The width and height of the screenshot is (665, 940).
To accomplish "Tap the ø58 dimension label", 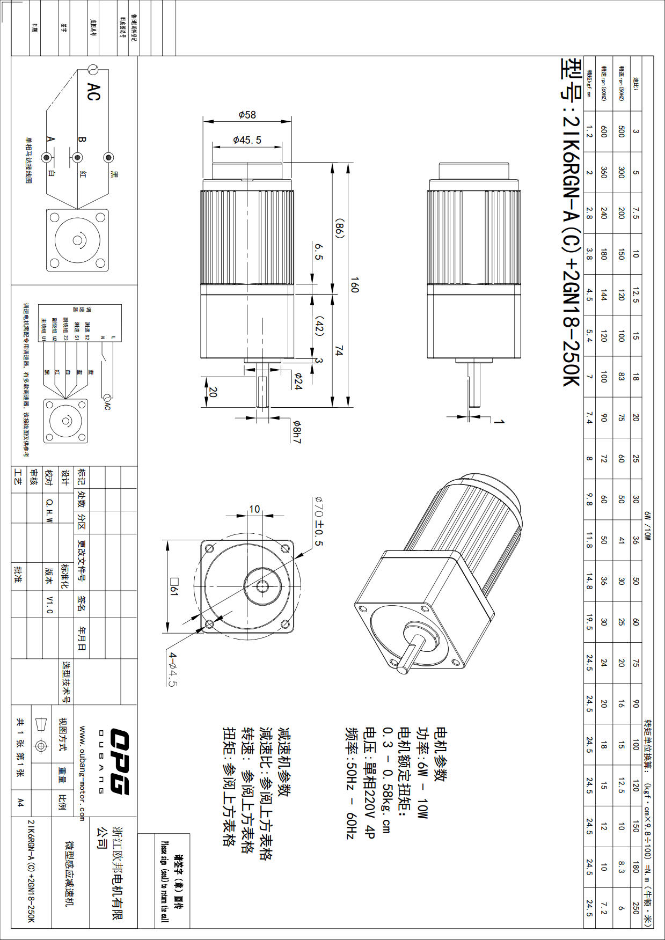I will pos(247,114).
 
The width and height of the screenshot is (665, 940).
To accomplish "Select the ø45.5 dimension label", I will pos(247,140).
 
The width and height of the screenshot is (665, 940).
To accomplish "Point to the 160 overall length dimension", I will pos(354,284).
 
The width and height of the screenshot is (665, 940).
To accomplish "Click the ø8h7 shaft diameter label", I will pos(297,432).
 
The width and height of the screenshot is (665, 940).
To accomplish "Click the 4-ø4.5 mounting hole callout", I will pos(173,669).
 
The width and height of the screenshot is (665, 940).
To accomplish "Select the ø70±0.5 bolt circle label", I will pos(317,521).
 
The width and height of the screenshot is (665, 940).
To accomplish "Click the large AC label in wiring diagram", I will pos(93,92).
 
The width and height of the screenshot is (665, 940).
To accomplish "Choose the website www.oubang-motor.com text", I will pos(82,773).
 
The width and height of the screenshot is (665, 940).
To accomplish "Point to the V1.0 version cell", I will pos(49,604).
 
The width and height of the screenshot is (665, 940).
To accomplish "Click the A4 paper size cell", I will pos(20,802).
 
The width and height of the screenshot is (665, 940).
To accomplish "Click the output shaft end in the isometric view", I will pos(404,668).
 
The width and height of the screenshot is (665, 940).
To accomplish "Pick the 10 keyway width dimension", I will pos(254,509).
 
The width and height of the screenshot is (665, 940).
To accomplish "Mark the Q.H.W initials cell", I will pos(49,510).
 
